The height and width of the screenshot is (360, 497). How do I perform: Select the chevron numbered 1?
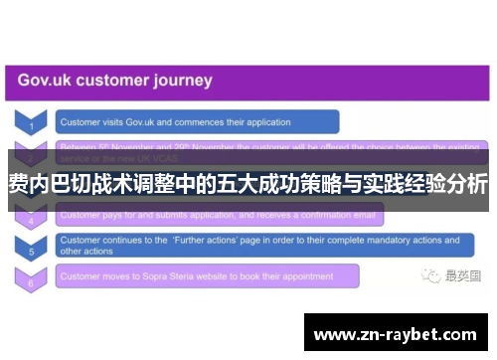tap(31, 123)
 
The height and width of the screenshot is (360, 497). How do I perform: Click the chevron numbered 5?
tap(31, 248)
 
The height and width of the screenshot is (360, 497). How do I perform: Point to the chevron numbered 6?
tap(31, 279)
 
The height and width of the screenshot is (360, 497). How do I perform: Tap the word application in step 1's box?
tap(264, 123)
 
